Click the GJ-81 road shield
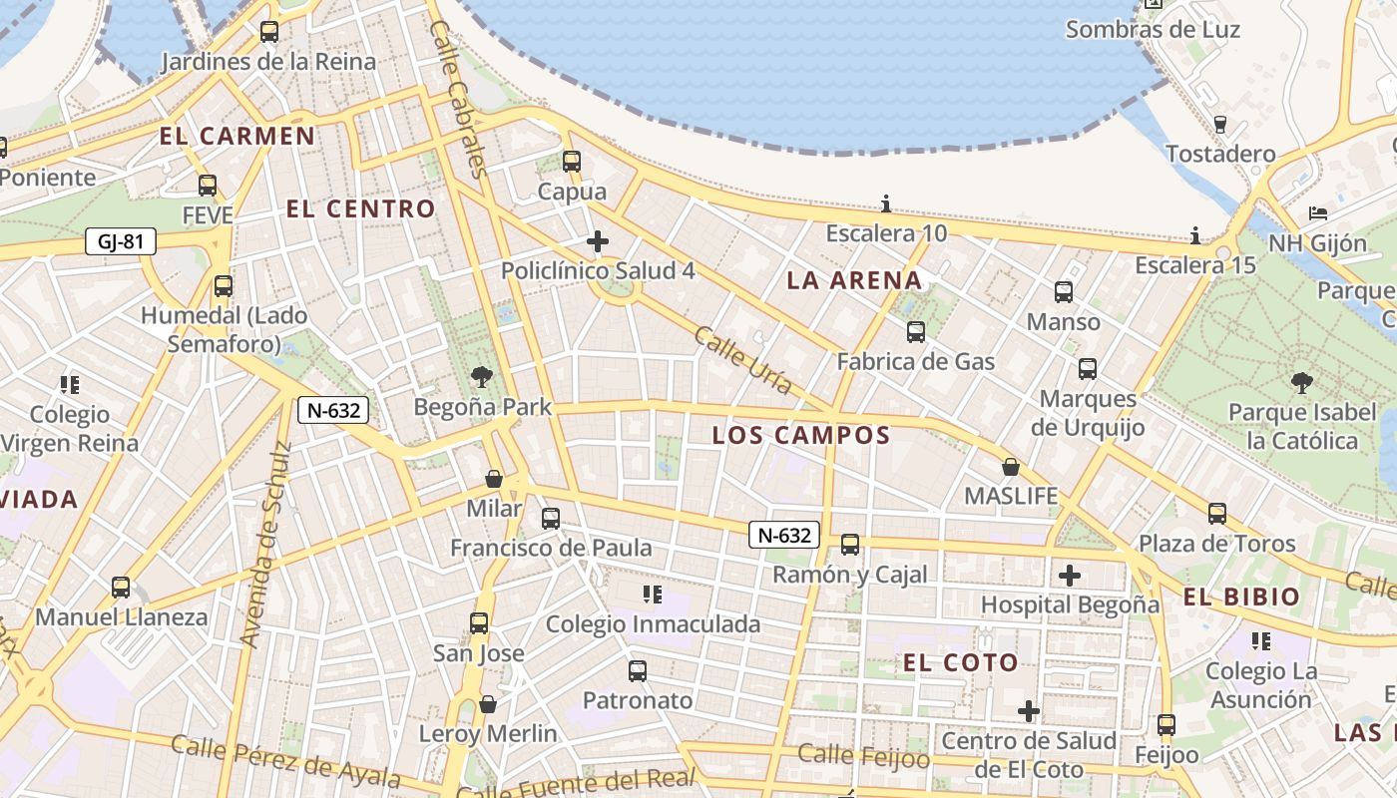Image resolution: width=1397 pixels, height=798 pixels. tap(121, 241)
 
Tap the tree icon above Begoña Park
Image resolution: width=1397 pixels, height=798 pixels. tap(482, 377)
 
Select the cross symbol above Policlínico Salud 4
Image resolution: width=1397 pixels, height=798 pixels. tap(598, 241)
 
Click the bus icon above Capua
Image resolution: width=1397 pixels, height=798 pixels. tap(572, 161)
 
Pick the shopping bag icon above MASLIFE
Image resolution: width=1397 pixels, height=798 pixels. tap(1011, 467)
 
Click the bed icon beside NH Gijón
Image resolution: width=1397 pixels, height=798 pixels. tap(1318, 213)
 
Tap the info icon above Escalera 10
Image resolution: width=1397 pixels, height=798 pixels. tap(886, 204)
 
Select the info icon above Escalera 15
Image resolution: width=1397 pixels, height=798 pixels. tap(1195, 236)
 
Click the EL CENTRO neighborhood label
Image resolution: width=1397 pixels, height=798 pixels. tap(361, 209)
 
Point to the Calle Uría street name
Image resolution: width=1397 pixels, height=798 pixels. tap(743, 360)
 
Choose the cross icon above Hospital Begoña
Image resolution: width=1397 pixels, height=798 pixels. tap(1070, 576)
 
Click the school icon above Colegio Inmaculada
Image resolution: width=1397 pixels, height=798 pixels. tap(653, 596)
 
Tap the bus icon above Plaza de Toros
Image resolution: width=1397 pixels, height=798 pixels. tap(1217, 514)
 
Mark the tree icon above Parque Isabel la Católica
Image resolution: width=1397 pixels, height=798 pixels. tap(1301, 382)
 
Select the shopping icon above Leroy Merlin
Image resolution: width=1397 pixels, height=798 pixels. tap(488, 704)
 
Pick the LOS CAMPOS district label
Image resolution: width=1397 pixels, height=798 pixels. tap(801, 436)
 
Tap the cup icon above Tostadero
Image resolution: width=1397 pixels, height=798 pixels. tap(1219, 125)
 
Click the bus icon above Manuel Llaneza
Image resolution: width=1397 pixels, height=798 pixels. tap(121, 588)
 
